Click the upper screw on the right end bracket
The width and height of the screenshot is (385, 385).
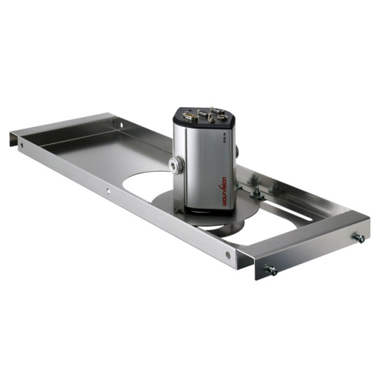pos(358,239)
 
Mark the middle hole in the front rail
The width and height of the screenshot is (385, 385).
pos(108,189)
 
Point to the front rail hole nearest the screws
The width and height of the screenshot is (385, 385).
pos(227,253)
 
